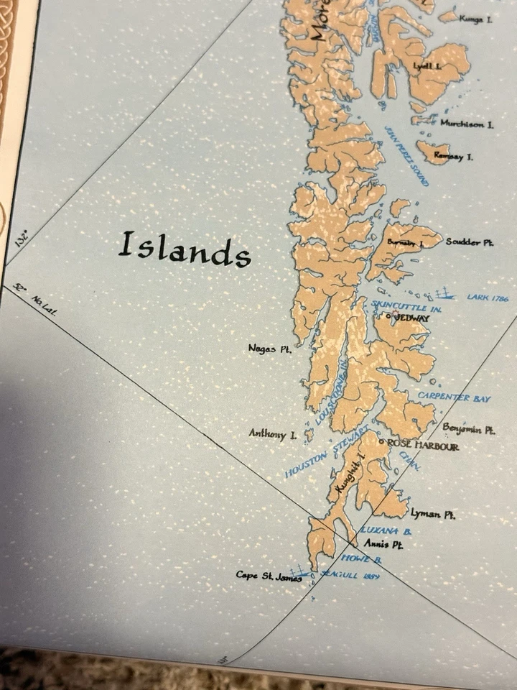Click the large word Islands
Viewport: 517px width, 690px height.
point(185,249)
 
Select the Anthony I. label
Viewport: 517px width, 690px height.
point(272,433)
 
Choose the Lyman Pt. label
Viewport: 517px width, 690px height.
point(433,515)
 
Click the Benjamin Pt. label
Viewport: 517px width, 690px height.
point(468,429)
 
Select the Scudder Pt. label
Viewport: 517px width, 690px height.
point(470,242)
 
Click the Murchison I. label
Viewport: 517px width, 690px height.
point(467,124)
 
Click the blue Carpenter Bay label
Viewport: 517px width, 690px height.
point(454,397)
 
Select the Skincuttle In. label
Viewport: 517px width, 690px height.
point(406,307)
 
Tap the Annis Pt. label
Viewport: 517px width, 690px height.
point(383,544)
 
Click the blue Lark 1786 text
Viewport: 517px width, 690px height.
point(488,296)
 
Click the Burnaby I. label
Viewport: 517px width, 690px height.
point(406,243)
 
